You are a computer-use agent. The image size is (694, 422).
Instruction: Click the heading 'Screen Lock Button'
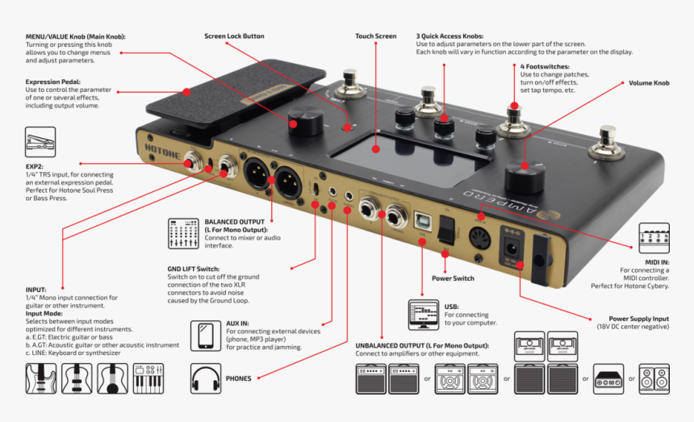click(x=234, y=36)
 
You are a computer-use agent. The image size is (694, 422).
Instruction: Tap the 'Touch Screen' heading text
click(x=376, y=36)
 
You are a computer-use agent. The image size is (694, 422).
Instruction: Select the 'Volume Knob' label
click(x=649, y=83)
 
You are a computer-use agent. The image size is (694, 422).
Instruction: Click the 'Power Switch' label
click(x=453, y=278)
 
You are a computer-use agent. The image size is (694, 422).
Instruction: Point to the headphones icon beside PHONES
click(x=206, y=377)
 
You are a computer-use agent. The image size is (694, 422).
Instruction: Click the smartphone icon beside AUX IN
click(x=206, y=335)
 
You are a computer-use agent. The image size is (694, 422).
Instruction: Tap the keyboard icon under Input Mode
click(x=148, y=378)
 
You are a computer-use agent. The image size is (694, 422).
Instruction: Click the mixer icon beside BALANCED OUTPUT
click(x=184, y=232)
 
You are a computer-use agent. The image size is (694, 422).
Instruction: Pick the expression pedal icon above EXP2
click(x=40, y=142)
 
